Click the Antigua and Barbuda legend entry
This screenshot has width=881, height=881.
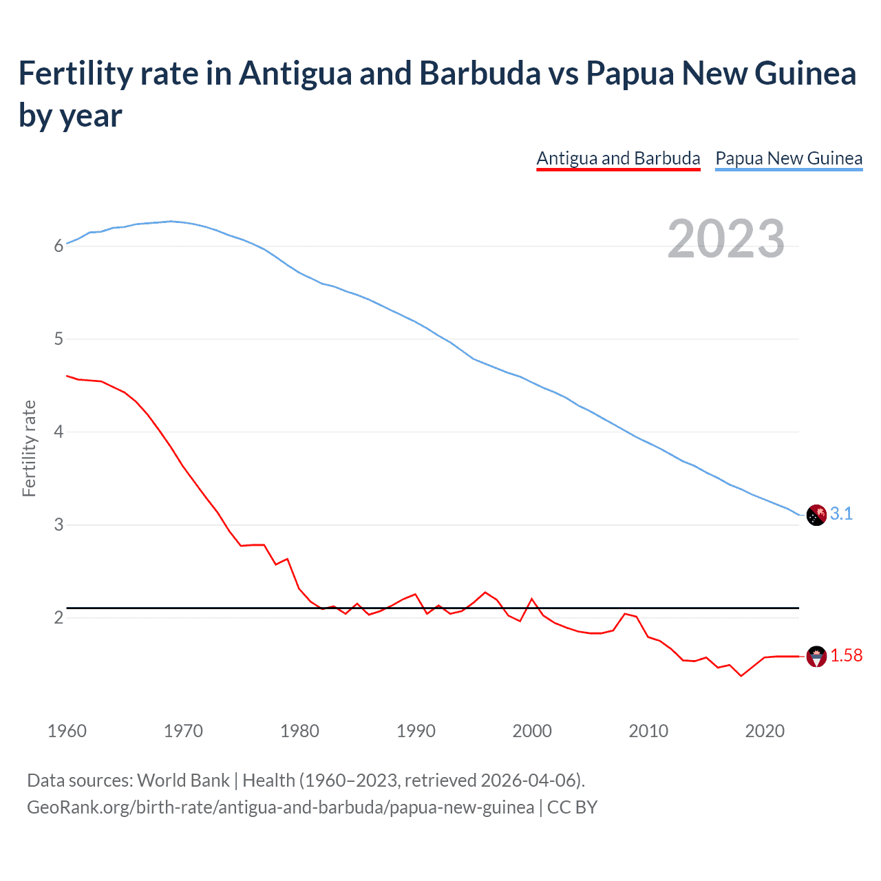point(618,158)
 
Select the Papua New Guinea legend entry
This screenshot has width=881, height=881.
point(789,158)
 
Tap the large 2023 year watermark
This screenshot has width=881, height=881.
point(726,239)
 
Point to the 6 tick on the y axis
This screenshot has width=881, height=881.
point(59,246)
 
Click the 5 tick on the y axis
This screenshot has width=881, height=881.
point(59,339)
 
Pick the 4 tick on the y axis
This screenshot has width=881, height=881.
point(59,432)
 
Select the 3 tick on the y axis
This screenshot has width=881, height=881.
point(59,525)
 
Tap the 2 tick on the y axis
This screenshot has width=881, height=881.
point(59,618)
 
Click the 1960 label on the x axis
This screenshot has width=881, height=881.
point(67,731)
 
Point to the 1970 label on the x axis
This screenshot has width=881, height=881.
point(183,731)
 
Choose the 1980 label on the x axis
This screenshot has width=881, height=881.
point(299,731)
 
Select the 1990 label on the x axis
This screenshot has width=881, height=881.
point(416,731)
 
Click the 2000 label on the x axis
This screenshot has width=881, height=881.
point(532,731)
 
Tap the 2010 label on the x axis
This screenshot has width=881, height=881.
point(648,731)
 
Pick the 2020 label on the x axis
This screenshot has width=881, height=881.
point(765,731)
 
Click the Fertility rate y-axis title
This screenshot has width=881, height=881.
point(29,448)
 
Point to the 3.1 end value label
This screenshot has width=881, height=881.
point(841,514)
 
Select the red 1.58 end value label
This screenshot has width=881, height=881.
point(846,656)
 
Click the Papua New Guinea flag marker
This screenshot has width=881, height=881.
point(816,515)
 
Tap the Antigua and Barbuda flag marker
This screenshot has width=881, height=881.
point(816,657)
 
